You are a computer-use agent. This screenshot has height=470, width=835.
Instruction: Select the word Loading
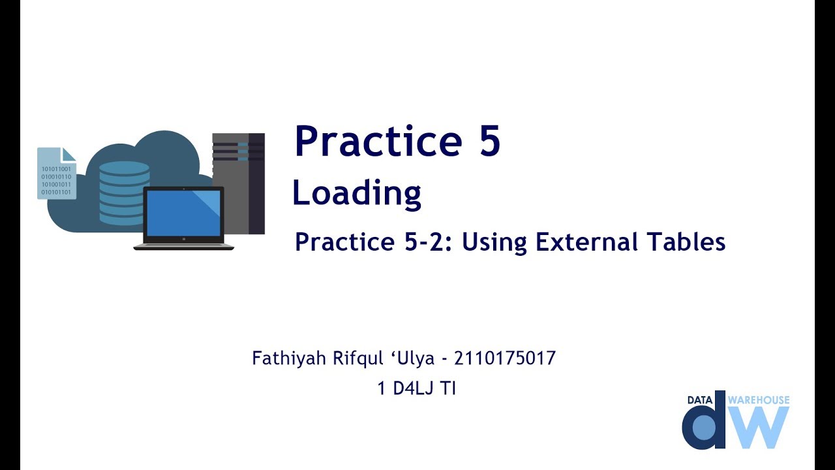pos(356,194)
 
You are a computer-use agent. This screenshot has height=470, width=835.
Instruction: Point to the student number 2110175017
pos(504,358)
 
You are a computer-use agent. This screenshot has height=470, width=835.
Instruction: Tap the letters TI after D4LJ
pos(448,388)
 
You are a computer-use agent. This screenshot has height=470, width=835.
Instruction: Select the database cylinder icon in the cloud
pos(124,192)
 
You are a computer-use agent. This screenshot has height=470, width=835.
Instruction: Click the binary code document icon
pos(57,173)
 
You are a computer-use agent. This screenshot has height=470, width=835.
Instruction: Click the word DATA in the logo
pos(700,400)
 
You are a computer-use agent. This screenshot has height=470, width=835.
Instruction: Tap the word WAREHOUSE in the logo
pos(758,399)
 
